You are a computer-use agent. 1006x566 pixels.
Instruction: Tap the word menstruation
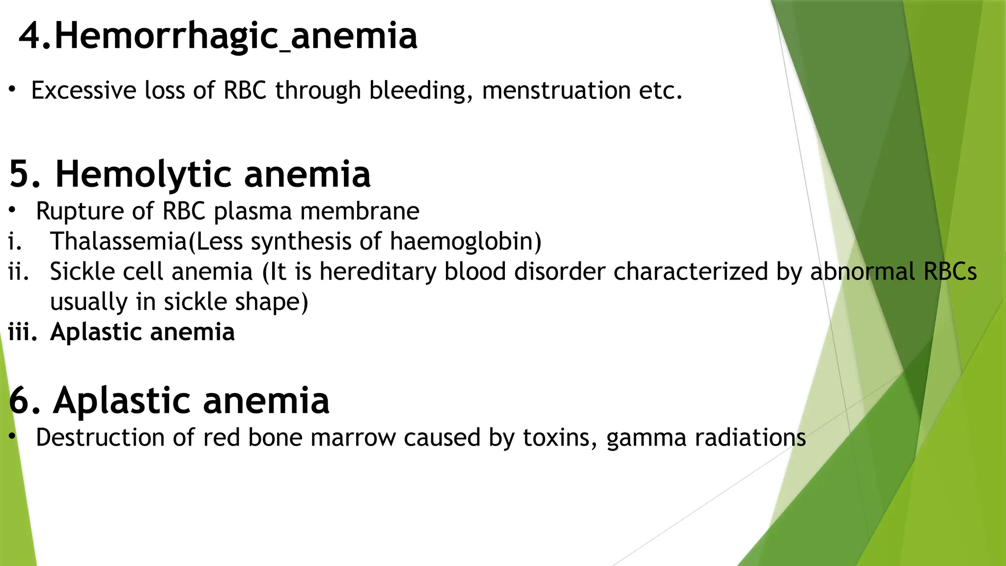click(556, 91)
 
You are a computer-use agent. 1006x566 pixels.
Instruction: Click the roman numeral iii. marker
click(23, 332)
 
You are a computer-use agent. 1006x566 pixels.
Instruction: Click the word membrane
click(360, 212)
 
